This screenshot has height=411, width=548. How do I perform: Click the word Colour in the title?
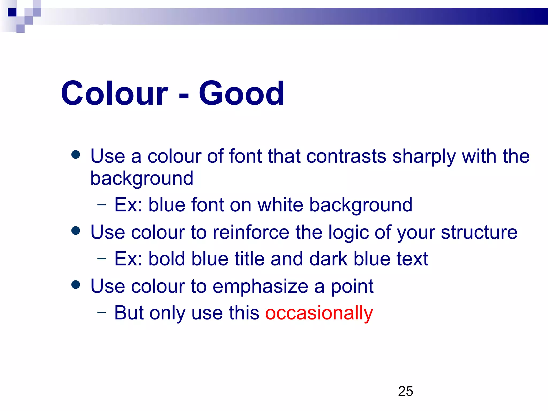(x=115, y=93)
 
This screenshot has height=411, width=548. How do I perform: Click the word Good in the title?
(x=241, y=93)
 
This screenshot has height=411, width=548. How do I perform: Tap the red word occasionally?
(x=319, y=313)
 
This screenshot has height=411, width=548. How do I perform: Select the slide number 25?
(x=405, y=391)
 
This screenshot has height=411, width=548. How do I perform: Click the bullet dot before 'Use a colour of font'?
(x=76, y=155)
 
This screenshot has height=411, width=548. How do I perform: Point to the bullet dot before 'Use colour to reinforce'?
(x=76, y=231)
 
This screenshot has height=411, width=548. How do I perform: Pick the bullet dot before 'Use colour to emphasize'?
(x=76, y=285)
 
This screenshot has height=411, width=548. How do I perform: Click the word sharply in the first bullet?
(x=424, y=157)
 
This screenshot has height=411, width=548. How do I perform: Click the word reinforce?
(x=251, y=232)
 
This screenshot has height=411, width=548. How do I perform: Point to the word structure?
(x=479, y=233)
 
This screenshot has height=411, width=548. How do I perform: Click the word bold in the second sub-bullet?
(x=167, y=259)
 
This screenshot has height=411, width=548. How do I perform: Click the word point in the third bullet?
(x=352, y=287)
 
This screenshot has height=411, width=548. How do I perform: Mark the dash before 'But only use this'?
(x=102, y=312)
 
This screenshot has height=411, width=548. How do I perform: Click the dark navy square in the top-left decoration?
(x=12, y=12)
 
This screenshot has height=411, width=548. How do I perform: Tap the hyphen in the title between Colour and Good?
(x=184, y=95)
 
